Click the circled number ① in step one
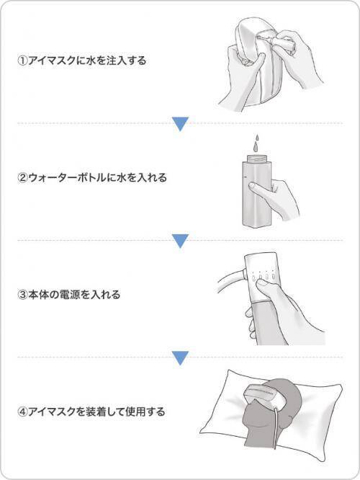click(22, 61)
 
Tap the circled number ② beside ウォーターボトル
click(22, 177)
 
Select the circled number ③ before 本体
click(22, 295)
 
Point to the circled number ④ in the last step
click(22, 412)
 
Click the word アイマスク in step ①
click(51, 61)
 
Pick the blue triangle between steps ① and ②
click(180, 124)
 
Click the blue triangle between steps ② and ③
click(180, 241)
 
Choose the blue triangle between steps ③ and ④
click(180, 358)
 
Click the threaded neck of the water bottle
click(256, 159)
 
